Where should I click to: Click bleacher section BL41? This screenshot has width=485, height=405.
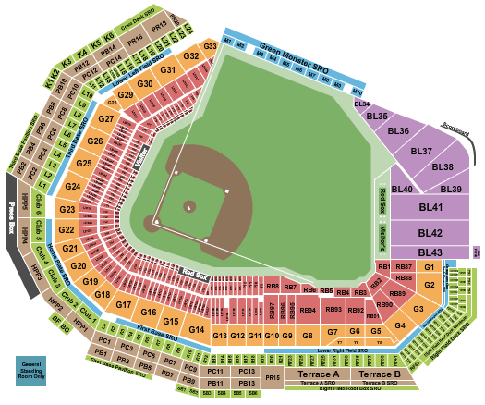(x=430, y=209)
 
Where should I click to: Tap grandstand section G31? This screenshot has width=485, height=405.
(x=168, y=70)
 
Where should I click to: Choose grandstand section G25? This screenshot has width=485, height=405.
(x=84, y=164)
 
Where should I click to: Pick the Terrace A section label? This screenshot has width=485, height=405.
(x=318, y=374)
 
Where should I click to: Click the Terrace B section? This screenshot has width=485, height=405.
(x=379, y=374)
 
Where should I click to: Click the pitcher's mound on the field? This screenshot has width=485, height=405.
(x=189, y=206)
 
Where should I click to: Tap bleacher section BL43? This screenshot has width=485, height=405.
(x=430, y=252)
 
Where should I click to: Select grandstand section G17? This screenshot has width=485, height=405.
(x=125, y=304)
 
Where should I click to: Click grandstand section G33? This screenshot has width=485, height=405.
(x=211, y=45)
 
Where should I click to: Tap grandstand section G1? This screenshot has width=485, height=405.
(x=429, y=267)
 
